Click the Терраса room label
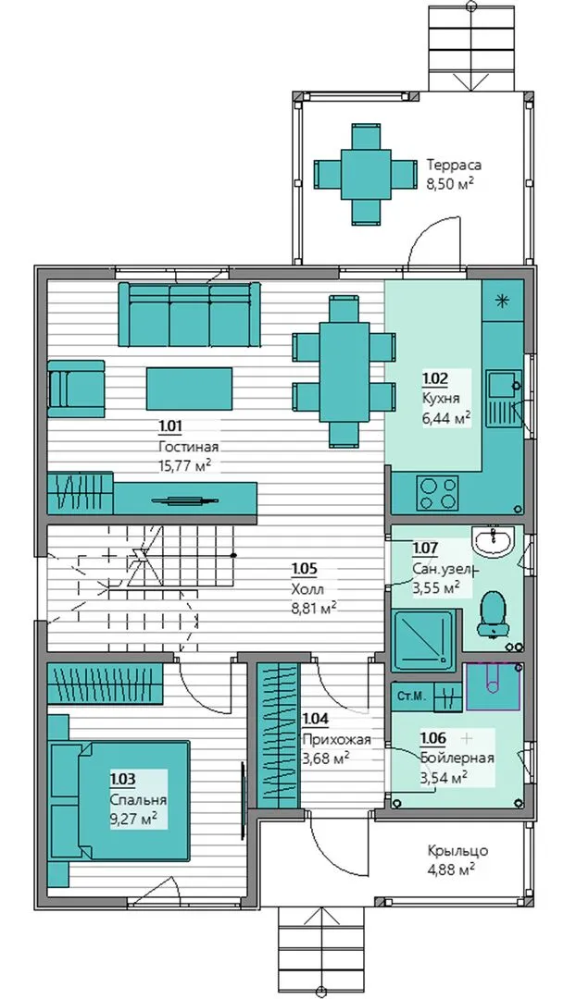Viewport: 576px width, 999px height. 454,165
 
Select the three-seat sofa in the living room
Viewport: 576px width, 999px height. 190,314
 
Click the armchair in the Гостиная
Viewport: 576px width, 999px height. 76,388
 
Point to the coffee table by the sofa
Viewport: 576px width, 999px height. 190,388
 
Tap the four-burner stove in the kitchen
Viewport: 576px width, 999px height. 438,492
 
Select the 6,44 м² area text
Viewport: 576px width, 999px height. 445,417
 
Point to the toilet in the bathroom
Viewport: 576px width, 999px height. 493,613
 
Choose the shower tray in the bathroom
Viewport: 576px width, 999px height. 424,640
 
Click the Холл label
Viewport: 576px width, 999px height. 307,588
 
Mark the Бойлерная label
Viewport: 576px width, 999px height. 457,758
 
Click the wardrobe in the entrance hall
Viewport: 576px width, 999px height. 278,735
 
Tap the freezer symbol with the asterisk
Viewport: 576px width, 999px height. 503,302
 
